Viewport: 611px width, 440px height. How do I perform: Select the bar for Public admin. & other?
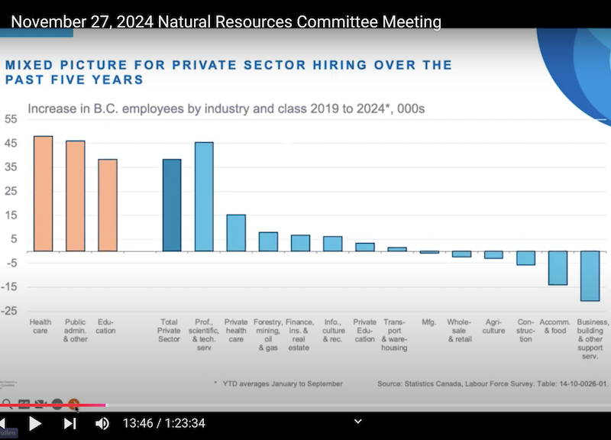click(x=75, y=196)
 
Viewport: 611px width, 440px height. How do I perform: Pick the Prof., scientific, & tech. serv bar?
click(x=204, y=196)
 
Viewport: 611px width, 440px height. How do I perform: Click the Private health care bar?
click(x=236, y=232)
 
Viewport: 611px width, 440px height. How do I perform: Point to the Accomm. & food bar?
click(x=558, y=267)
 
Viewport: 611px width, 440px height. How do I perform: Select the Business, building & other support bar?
click(x=590, y=276)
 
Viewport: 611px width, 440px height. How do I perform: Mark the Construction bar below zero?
click(x=525, y=257)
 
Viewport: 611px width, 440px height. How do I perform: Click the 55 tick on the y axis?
click(x=11, y=119)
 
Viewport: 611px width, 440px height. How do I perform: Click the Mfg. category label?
click(x=429, y=322)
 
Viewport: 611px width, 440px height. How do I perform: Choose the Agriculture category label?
click(x=493, y=326)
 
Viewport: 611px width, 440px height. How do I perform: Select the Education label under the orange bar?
click(x=107, y=326)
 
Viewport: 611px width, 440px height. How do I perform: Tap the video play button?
click(x=35, y=423)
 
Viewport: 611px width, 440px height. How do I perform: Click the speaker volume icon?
click(x=102, y=423)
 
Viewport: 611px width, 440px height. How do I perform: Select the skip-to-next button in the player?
click(x=70, y=423)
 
